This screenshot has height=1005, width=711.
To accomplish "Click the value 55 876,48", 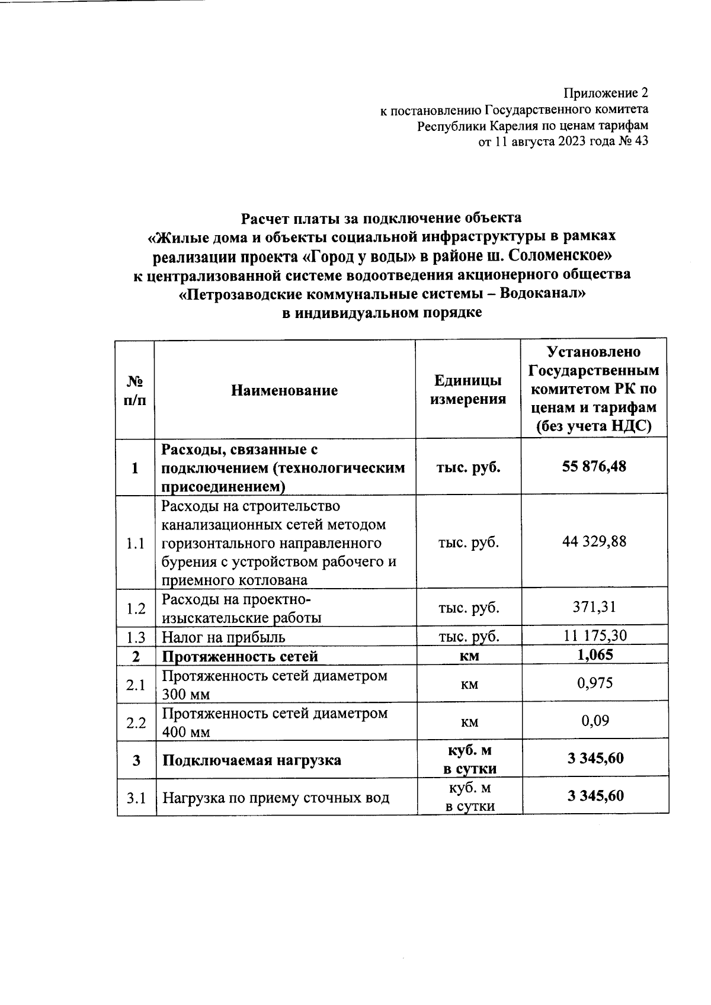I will [x=594, y=467].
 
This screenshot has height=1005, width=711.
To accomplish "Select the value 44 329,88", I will [x=594, y=541].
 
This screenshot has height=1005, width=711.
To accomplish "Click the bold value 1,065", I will [x=594, y=654].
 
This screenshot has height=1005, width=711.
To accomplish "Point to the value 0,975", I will [x=595, y=683].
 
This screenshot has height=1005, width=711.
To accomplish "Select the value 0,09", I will [x=595, y=721].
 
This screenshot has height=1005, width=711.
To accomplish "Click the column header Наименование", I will [x=284, y=390].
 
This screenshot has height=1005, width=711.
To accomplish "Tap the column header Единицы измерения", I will [x=468, y=390].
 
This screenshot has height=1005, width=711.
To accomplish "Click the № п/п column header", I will [x=136, y=390].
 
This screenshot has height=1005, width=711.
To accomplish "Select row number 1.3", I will [x=136, y=637].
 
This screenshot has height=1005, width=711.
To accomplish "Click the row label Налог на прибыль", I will [x=223, y=637].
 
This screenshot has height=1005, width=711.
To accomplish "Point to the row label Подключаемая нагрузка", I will [x=251, y=760].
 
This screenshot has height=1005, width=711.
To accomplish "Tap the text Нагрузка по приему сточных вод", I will [x=276, y=798].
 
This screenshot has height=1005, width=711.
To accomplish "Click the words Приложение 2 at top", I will [x=606, y=94].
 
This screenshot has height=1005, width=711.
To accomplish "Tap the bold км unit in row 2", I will [x=469, y=656].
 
